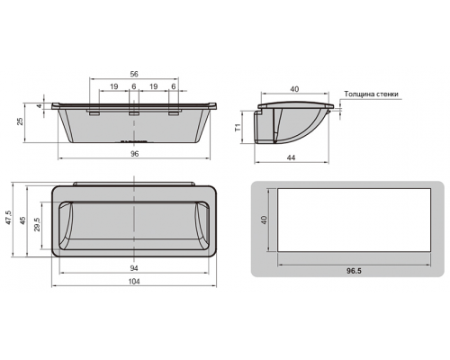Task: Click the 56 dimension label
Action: tap(134, 74)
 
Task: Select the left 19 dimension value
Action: tap(113, 86)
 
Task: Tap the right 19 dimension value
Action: tap(153, 86)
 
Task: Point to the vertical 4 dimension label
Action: tap(40, 106)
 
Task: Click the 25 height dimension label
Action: tap(20, 121)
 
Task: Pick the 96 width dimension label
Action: tap(135, 154)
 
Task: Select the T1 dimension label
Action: tap(238, 128)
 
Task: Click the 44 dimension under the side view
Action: tap(291, 157)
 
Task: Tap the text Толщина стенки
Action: tap(371, 94)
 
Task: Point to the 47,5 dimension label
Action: tap(8, 217)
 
